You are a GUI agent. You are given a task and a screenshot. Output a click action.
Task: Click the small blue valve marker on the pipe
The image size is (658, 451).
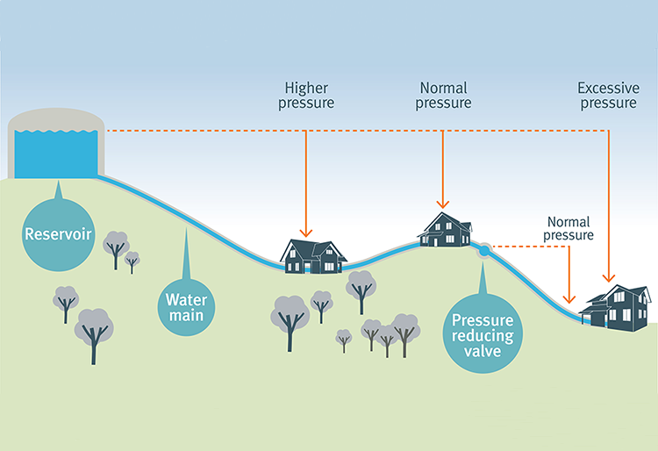pos(483,251)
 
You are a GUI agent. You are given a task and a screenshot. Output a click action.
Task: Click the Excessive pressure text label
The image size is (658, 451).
pos(606,96)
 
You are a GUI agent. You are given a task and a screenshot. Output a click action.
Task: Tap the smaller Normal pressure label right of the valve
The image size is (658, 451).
pos(569,229)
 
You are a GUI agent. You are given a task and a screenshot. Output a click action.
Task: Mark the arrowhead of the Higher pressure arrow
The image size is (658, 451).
pos(305,233)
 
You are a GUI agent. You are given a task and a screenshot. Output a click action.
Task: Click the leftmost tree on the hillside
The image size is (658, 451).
pos(66,300)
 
